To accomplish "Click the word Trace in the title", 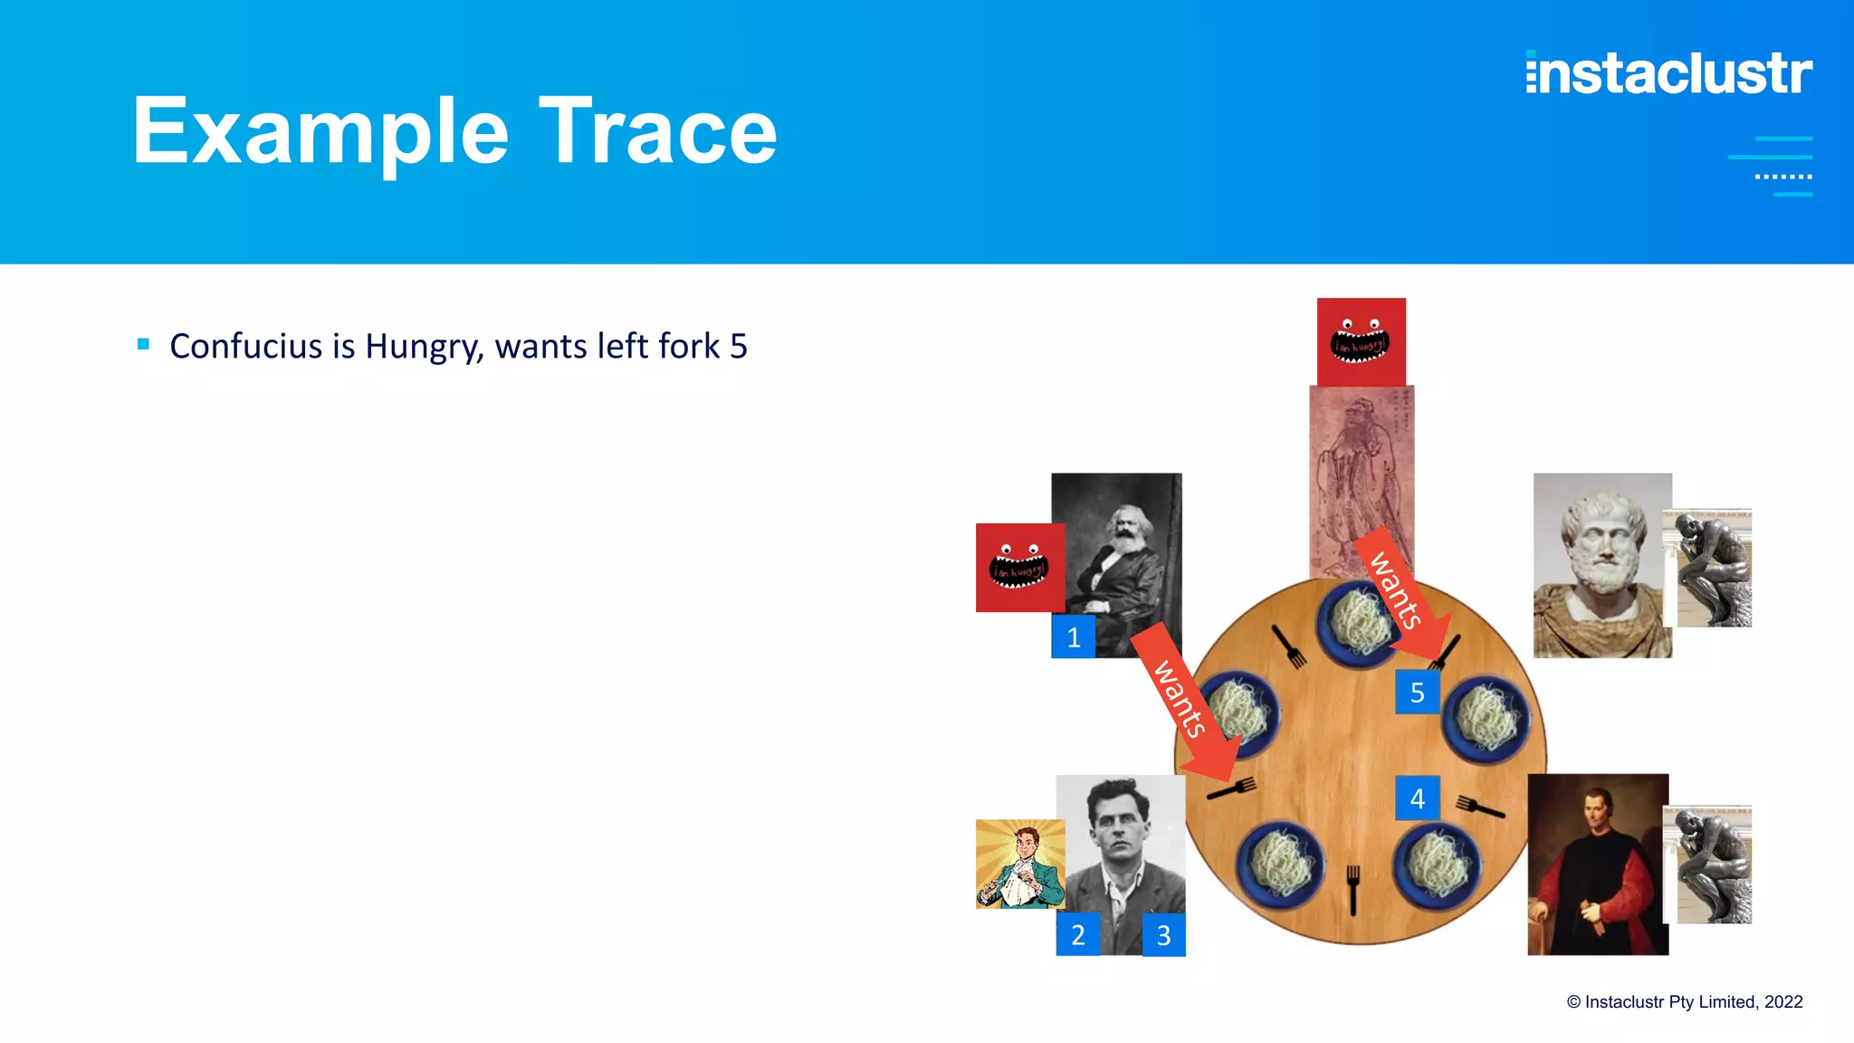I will [x=658, y=132].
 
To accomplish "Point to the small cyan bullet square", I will [x=143, y=344].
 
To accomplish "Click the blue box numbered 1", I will [x=1073, y=637].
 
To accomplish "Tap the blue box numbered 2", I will [x=1077, y=934].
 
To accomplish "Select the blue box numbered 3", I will [x=1163, y=934].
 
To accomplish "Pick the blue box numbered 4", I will [x=1417, y=798].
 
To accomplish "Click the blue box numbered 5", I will [x=1417, y=693].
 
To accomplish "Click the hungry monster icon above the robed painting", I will [x=1361, y=342].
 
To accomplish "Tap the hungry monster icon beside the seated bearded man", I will [x=1019, y=568].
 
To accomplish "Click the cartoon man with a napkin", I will [x=1019, y=864].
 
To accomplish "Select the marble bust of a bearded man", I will [x=1601, y=565].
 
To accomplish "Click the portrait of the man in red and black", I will [x=1597, y=864].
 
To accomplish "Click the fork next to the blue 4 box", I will [x=1478, y=805].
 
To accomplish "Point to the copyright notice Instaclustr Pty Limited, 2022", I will [x=1685, y=1001].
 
